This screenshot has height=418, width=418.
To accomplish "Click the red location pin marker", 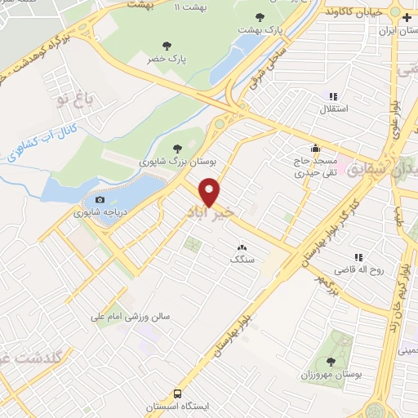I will tap(211, 193).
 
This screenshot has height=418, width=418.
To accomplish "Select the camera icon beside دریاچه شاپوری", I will tap(100, 200).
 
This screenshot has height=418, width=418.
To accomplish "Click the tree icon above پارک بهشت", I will tap(260, 16).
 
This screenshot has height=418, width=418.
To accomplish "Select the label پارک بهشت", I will tap(260, 29).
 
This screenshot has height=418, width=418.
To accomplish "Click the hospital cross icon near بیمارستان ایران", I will tap(395, 16).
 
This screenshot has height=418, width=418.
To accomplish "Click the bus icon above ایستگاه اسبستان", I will tap(179, 393).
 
